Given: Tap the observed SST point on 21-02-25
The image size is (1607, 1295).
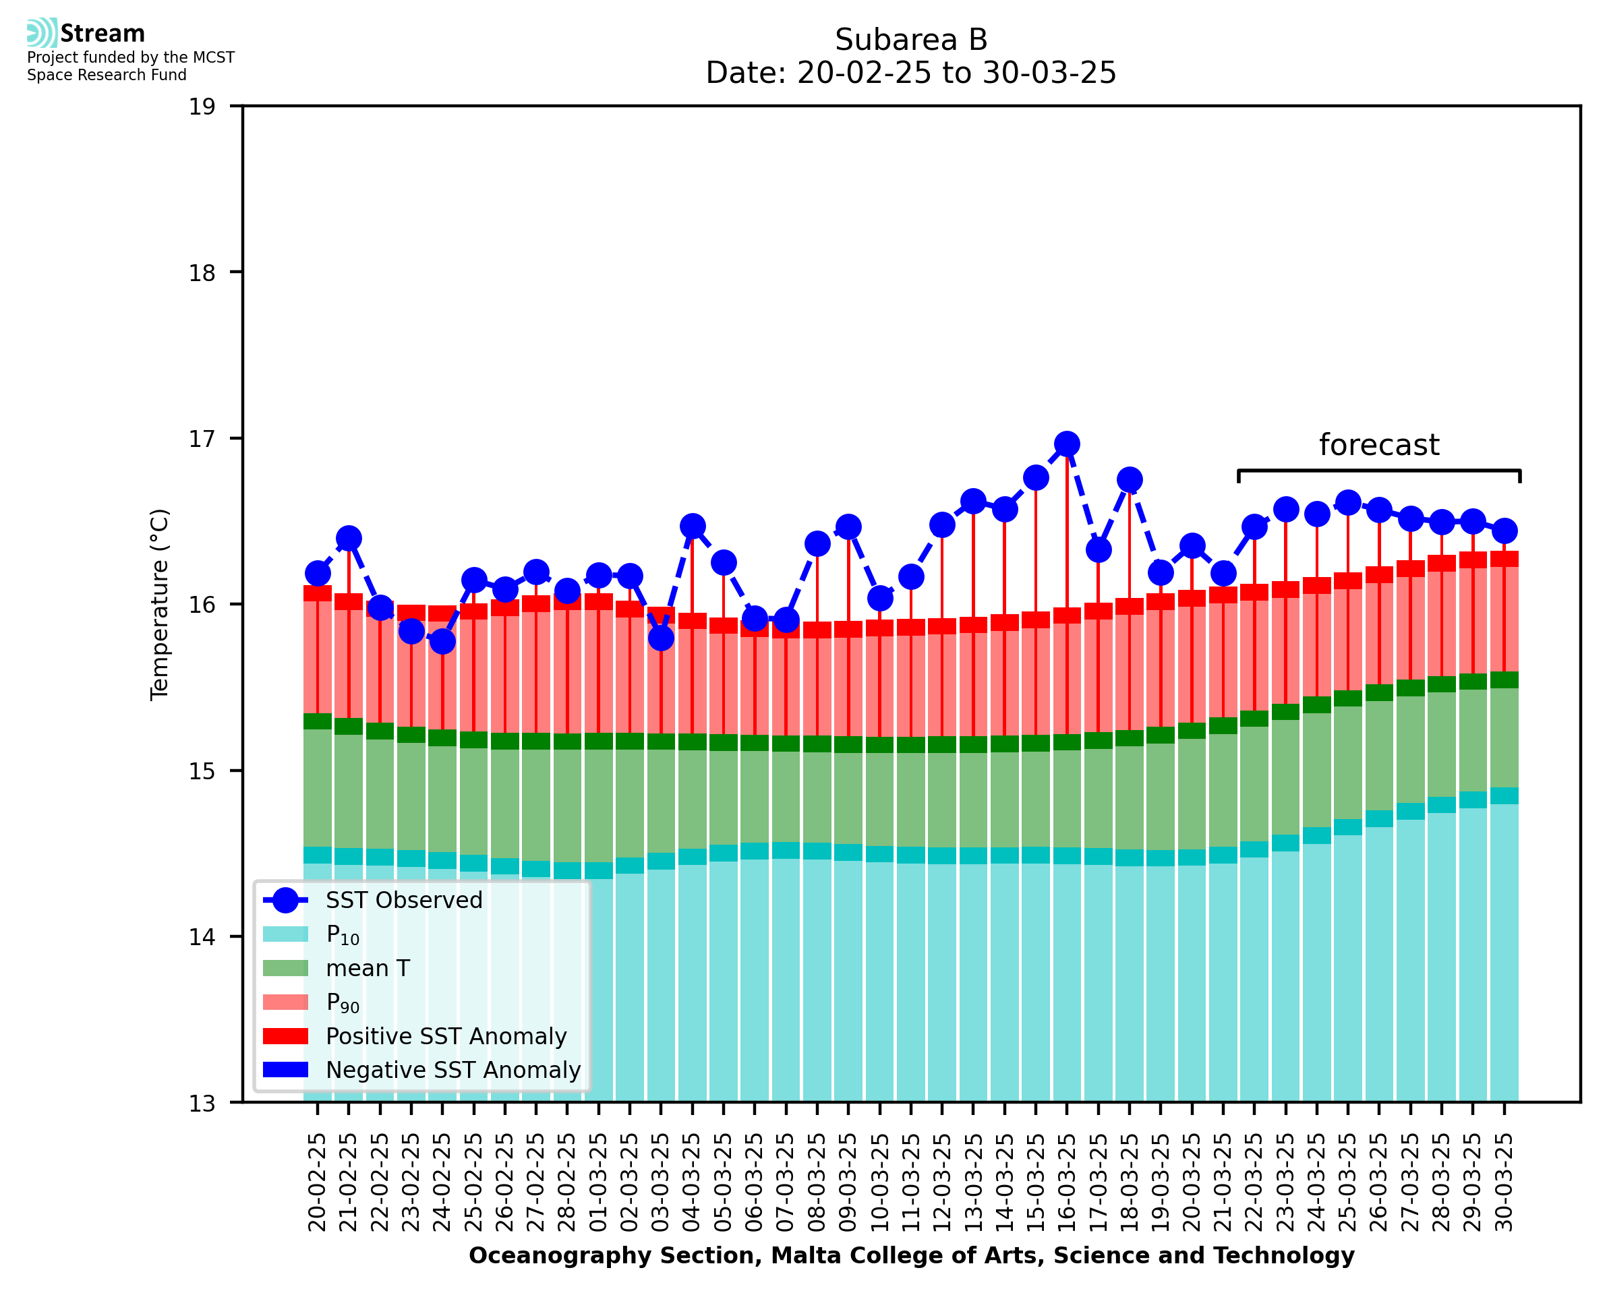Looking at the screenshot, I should [349, 539].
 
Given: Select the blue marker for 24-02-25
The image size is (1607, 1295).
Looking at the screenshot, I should [442, 641].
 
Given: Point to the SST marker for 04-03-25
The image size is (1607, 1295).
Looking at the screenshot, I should [693, 526].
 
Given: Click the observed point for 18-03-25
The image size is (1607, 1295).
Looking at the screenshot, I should [1129, 480].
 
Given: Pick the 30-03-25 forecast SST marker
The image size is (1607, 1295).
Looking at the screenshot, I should [1504, 531].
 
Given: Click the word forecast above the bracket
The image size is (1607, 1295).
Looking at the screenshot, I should [1378, 446].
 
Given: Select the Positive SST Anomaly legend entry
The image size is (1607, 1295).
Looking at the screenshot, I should [446, 1036].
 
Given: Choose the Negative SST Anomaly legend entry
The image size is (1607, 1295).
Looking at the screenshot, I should [453, 1070].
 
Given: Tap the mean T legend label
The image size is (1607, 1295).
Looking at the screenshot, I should [368, 968].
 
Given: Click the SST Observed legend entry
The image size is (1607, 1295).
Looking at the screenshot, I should [404, 901].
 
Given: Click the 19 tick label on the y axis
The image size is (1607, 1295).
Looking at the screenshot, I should [202, 107].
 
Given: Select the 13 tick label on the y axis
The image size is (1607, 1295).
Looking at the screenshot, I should [202, 1104].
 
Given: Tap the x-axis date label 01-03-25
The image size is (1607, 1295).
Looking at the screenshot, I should [598, 1182].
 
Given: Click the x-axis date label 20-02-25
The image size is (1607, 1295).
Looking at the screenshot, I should [317, 1182].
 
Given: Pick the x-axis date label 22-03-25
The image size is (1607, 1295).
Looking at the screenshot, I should [1254, 1182].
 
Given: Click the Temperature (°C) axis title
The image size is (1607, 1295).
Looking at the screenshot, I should [160, 604].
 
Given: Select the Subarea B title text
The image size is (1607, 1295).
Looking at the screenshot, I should [910, 40].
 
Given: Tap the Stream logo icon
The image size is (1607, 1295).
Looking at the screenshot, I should [42, 33].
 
